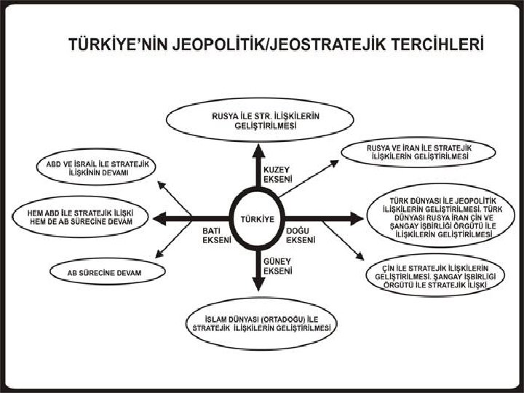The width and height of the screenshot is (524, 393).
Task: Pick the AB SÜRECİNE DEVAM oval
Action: coord(106,272)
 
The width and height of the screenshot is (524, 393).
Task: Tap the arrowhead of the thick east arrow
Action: coord(356,218)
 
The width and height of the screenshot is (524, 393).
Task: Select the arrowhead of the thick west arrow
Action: coord(159,218)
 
